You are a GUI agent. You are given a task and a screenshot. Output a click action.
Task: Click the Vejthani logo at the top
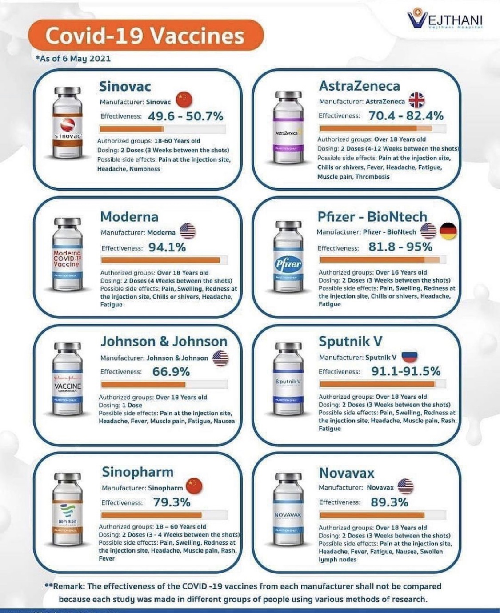(x=445, y=20)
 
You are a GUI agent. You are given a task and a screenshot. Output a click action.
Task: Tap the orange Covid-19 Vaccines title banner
(x=145, y=36)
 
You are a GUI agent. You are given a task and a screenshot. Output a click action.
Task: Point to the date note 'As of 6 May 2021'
(x=73, y=59)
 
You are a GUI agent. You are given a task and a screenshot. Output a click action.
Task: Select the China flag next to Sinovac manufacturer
(x=184, y=100)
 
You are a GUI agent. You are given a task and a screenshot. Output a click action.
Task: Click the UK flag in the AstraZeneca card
(x=416, y=100)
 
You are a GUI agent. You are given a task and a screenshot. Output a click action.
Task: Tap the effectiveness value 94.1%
(x=167, y=247)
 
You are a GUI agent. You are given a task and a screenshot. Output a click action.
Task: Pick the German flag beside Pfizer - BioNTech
(x=448, y=231)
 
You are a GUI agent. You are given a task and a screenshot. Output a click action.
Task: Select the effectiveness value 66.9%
(x=171, y=372)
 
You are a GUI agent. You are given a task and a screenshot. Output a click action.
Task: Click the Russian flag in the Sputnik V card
(x=409, y=356)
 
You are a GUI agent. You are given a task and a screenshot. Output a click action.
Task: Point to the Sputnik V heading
(x=350, y=341)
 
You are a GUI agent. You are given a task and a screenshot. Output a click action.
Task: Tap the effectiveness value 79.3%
(x=172, y=502)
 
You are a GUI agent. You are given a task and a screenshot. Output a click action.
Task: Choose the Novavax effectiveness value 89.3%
(x=389, y=502)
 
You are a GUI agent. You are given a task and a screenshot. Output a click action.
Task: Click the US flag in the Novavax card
(x=405, y=486)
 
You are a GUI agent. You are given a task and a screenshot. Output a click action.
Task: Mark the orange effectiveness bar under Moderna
(x=160, y=260)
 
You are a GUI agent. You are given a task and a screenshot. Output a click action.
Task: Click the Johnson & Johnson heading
(x=164, y=341)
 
